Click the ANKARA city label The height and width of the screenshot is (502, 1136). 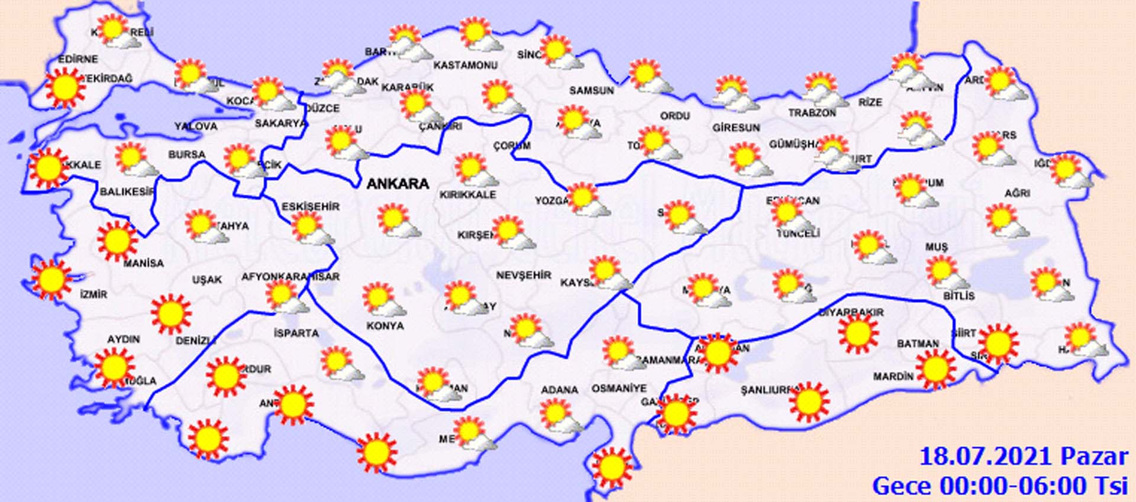tap(398, 184)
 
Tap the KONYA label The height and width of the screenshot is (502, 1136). tap(385, 326)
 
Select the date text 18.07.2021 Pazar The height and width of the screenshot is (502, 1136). tap(1024, 457)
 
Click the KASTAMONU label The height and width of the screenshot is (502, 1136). tap(465, 65)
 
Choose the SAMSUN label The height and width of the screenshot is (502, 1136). tap(591, 90)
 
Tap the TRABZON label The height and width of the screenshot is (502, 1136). tap(812, 112)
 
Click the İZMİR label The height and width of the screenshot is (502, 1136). tap(93, 294)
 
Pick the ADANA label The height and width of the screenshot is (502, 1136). tap(559, 390)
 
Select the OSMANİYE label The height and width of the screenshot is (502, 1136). tap(619, 388)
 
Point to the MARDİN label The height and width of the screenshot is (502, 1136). tap(893, 376)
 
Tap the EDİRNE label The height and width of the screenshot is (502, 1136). tap(78, 59)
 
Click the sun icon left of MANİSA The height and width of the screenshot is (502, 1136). tap(117, 241)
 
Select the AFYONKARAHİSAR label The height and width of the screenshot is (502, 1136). tap(290, 276)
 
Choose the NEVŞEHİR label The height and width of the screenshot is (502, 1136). tap(523, 275)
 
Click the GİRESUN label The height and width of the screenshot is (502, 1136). tap(735, 127)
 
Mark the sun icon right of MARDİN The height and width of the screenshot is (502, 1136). tap(935, 368)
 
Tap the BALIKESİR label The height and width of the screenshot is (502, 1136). tap(127, 192)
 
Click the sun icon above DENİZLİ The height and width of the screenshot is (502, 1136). tap(171, 313)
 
